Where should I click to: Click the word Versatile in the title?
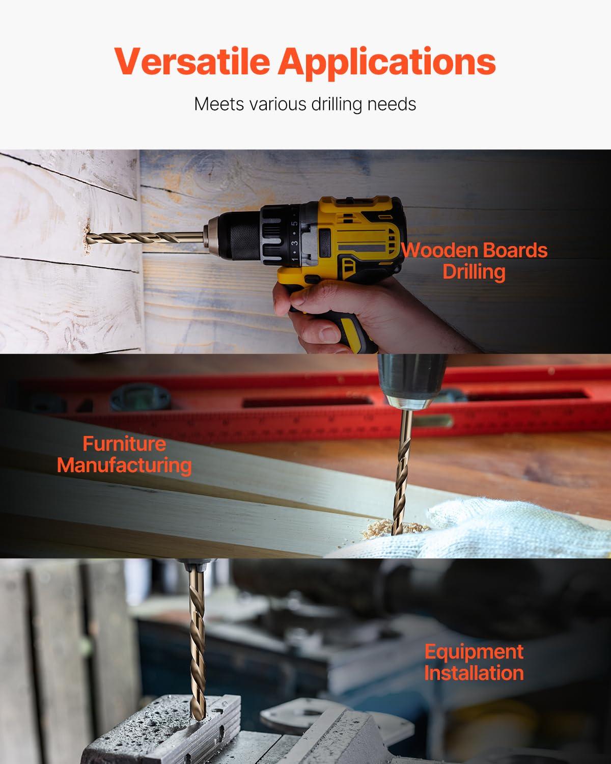[192, 61]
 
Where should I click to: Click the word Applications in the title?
[386, 63]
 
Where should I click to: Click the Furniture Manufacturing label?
[124, 454]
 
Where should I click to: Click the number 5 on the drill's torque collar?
[294, 224]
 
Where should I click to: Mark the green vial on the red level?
[434, 421]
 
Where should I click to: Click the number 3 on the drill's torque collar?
[294, 243]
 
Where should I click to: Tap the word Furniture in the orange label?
[124, 444]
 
